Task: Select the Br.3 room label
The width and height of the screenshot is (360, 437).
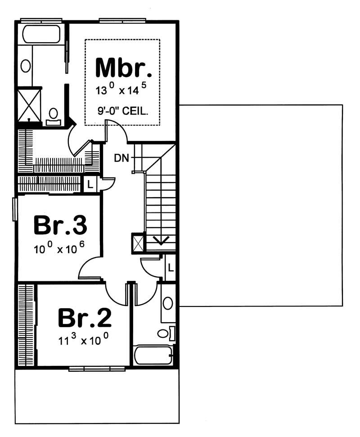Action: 60,225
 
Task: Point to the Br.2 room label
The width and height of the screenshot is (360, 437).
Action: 84,318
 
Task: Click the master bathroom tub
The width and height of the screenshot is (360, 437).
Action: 41,34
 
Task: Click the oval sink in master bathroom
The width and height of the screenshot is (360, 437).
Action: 26,66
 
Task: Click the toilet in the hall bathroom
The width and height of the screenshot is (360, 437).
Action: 164,333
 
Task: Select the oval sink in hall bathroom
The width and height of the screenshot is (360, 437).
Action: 168,303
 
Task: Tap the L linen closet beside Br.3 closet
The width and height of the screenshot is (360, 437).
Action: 90,184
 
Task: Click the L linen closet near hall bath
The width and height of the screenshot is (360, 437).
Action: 170,267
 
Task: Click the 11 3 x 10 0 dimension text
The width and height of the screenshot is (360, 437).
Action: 84,339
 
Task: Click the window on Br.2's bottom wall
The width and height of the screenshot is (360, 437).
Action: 97,369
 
